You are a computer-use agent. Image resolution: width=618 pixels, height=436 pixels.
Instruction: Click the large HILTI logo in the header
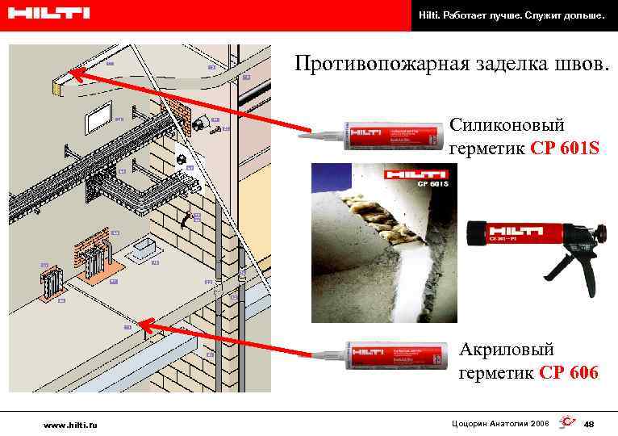pyautogui.click(x=49, y=14)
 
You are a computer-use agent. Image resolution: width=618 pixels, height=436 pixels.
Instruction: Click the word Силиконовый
pyautogui.click(x=507, y=125)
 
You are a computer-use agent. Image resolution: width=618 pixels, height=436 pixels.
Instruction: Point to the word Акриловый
pyautogui.click(x=507, y=350)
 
